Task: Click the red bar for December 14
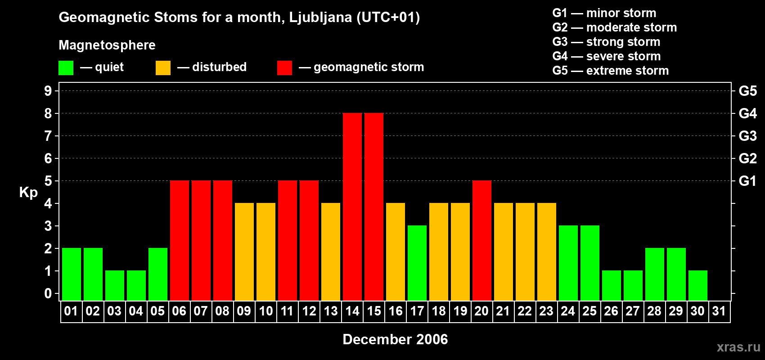tap(352, 207)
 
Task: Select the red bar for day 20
tap(482, 240)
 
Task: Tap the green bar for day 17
tap(417, 263)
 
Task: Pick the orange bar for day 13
tap(331, 252)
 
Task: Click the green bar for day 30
tap(698, 285)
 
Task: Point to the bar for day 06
tap(180, 240)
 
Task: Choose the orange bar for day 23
tap(547, 252)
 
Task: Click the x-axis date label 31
tap(719, 311)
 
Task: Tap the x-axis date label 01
tap(71, 311)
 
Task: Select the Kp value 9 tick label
tap(48, 91)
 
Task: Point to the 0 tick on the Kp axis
tap(48, 294)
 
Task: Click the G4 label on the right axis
tap(747, 113)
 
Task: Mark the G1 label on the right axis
tap(747, 181)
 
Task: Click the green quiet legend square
tap(66, 68)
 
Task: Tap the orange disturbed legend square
tap(163, 68)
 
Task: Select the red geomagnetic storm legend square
tap(284, 68)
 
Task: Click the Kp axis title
tap(28, 192)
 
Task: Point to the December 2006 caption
tap(395, 339)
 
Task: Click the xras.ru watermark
tap(738, 347)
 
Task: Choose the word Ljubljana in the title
tap(320, 18)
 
